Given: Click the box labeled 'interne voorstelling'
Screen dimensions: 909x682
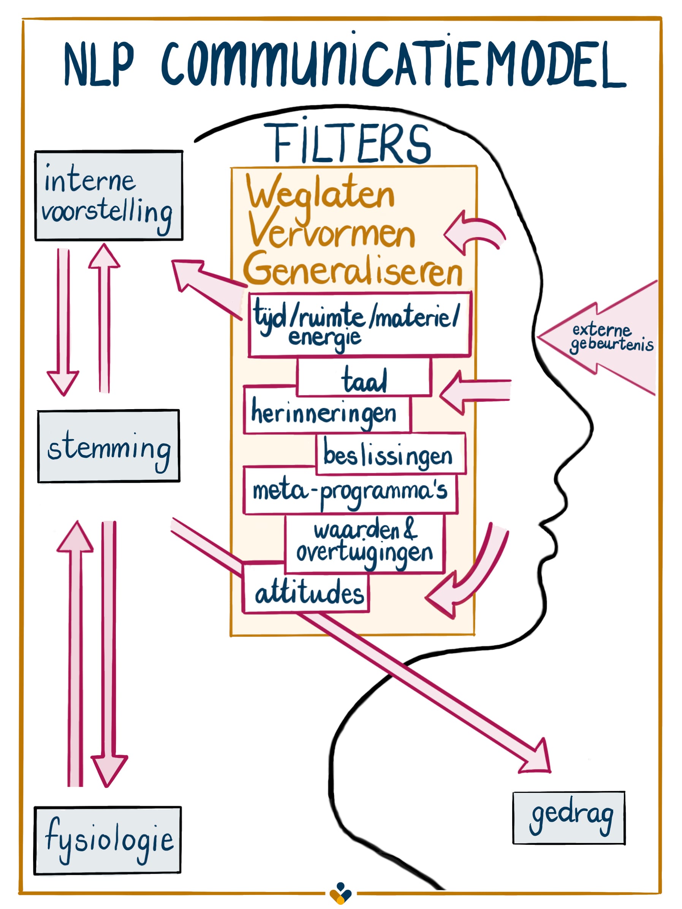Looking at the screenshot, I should pos(109,195).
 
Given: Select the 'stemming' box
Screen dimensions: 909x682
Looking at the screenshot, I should pos(109,446).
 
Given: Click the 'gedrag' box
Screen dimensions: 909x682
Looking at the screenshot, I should pos(569,818).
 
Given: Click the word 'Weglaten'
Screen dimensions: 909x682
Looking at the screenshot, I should pos(320,193).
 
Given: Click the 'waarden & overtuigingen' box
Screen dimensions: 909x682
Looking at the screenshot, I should pos(364,543).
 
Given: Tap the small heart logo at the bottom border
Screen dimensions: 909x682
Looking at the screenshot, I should pos(340,893).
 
